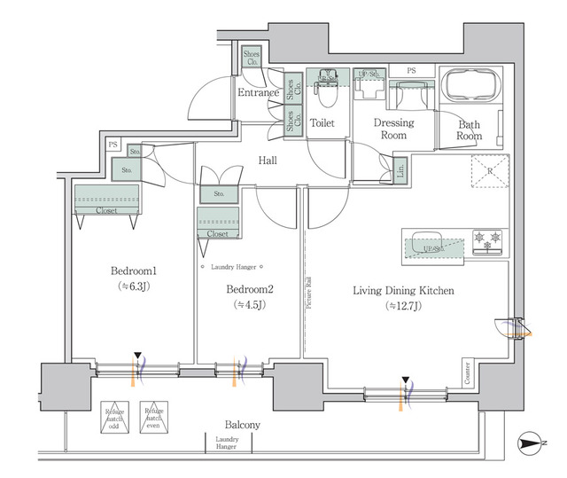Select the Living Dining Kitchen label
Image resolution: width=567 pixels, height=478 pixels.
point(403,290)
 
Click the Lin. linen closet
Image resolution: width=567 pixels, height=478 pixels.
point(400,168)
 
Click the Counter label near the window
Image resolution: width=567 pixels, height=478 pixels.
point(467,372)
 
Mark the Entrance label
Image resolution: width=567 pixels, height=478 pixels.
point(258,92)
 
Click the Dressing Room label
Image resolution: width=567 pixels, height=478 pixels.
point(390,129)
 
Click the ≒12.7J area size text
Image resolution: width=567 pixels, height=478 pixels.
point(403,306)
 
